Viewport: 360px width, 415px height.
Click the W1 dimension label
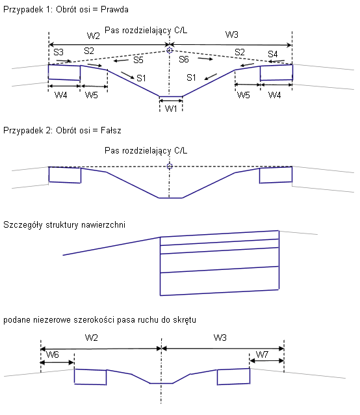pyautogui.click(x=171, y=108)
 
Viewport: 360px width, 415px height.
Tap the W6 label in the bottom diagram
pyautogui.click(x=53, y=355)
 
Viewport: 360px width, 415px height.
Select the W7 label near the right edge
pyautogui.click(x=263, y=355)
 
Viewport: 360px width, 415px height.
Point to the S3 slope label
pyautogui.click(x=58, y=52)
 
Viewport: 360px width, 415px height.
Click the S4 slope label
pyautogui.click(x=273, y=54)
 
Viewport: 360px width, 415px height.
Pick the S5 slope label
pyautogui.click(x=138, y=60)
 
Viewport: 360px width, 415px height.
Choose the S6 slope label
pyautogui.click(x=184, y=59)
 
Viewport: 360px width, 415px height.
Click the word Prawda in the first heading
pyautogui.click(x=115, y=10)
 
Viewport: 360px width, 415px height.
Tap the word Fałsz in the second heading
pyautogui.click(x=111, y=131)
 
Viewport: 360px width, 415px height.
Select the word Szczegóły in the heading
pyautogui.click(x=23, y=225)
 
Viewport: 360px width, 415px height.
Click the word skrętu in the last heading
pyautogui.click(x=185, y=320)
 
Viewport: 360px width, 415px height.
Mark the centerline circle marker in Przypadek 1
pyautogui.click(x=170, y=50)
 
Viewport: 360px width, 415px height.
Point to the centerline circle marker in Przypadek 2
pyautogui.click(x=170, y=167)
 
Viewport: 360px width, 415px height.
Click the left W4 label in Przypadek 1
pyautogui.click(x=61, y=95)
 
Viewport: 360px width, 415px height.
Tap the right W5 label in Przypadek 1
pyautogui.click(x=244, y=95)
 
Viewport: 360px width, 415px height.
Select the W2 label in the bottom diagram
pyautogui.click(x=92, y=338)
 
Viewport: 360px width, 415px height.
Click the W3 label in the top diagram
pyautogui.click(x=232, y=34)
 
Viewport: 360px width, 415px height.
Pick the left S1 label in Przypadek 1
pyautogui.click(x=141, y=78)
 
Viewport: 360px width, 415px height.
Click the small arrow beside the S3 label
pyautogui.click(x=64, y=61)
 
